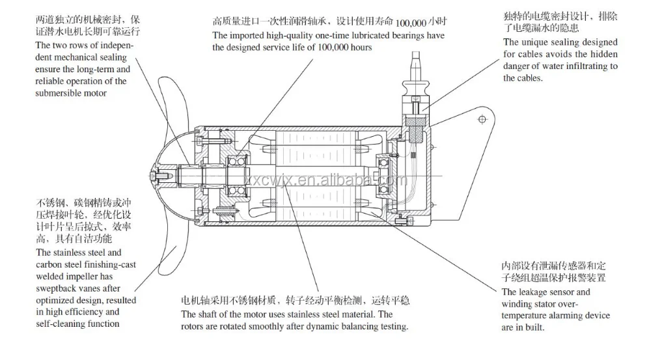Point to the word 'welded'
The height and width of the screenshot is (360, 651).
(x=50, y=276)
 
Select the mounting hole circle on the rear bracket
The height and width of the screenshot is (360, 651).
(x=482, y=119)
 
